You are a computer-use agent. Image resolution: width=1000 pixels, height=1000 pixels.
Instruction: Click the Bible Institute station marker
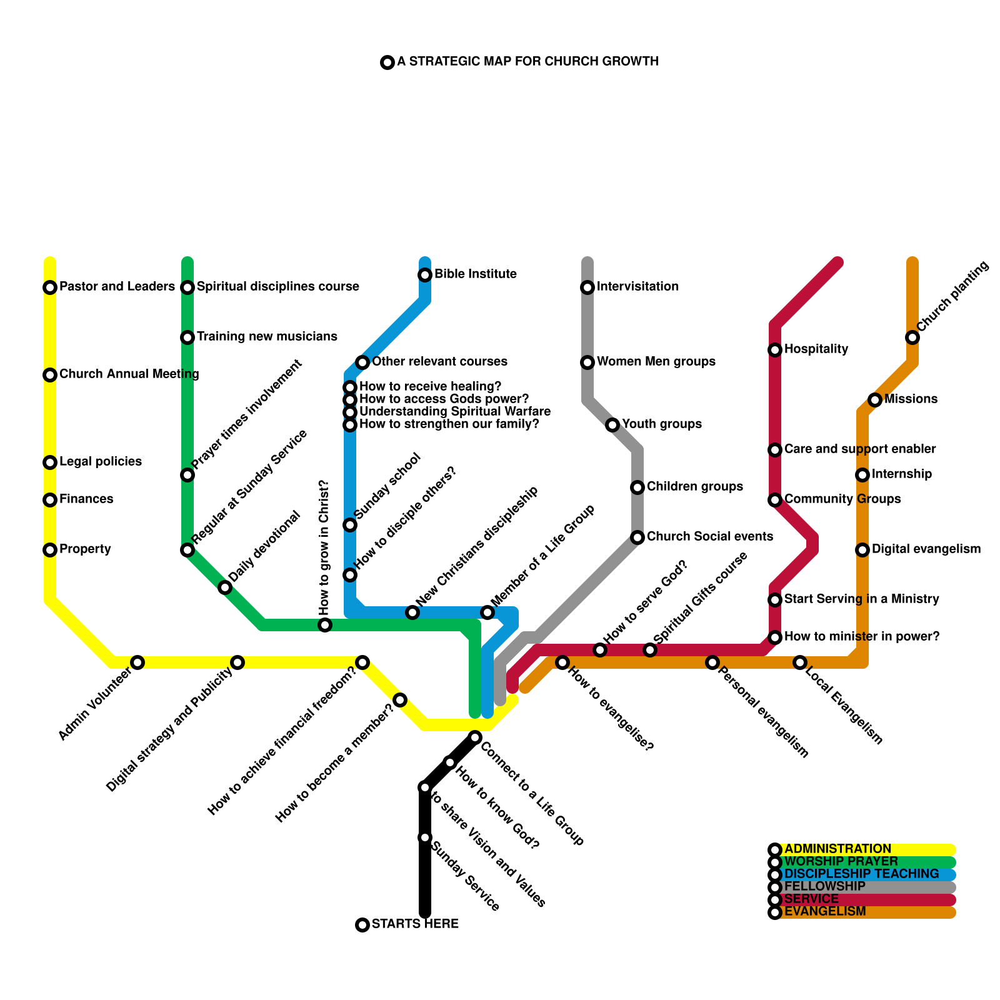[x=425, y=275]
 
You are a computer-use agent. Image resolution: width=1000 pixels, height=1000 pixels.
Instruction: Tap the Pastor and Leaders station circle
[x=50, y=287]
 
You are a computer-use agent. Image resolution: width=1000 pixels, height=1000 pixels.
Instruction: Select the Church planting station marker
[x=912, y=337]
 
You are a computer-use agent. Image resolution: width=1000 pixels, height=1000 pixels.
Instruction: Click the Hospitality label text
[x=816, y=349]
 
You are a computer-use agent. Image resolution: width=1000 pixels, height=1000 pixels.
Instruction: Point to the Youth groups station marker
[x=612, y=425]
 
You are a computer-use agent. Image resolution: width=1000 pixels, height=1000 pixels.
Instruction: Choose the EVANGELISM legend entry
[x=825, y=912]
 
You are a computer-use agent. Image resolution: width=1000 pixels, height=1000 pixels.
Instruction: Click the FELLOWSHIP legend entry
[x=824, y=887]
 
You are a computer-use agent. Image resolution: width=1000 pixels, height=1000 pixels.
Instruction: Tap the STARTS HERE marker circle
[x=362, y=925]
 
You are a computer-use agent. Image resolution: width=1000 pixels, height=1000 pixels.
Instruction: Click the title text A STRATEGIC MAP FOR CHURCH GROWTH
[x=527, y=61]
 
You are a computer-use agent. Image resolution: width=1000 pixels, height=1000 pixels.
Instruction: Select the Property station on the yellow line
[x=50, y=550]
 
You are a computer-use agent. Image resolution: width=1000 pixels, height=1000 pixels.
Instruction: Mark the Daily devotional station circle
[x=225, y=587]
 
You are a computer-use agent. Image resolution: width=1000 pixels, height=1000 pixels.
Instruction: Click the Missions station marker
[x=875, y=400]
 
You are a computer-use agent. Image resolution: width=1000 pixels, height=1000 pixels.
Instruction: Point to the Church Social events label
[x=709, y=536]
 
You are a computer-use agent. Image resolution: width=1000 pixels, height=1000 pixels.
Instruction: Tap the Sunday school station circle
[x=350, y=525]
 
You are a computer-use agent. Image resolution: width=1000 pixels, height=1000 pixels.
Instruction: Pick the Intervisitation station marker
[x=587, y=287]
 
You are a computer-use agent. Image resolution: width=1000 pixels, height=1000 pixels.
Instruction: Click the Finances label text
[x=86, y=499]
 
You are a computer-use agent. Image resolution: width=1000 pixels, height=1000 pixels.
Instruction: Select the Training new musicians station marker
[x=187, y=337]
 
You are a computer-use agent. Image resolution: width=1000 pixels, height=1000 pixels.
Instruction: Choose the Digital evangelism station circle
[x=862, y=550]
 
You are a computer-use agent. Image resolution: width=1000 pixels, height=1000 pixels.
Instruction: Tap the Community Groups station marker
[x=775, y=500]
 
